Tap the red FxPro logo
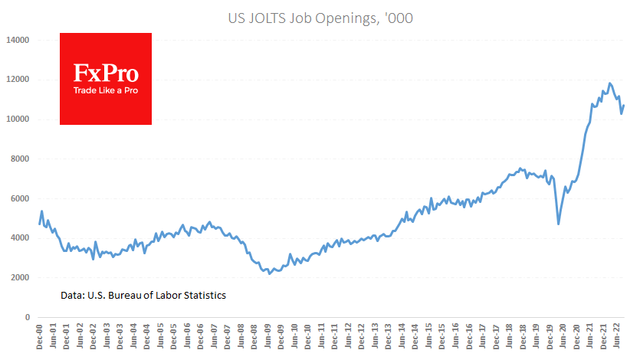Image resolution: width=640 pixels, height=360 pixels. (x=106, y=78)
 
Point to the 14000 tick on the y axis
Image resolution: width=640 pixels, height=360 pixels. (x=18, y=40)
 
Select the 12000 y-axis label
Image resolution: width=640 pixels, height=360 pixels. (x=18, y=80)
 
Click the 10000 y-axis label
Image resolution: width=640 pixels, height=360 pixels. (x=18, y=119)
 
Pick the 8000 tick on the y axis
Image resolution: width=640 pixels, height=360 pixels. (x=20, y=159)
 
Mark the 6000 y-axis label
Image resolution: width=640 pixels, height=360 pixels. (x=20, y=198)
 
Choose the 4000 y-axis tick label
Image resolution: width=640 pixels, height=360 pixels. (x=20, y=238)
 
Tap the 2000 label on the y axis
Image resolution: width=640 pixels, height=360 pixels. (x=20, y=278)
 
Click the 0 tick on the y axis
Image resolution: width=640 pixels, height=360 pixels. (x=27, y=317)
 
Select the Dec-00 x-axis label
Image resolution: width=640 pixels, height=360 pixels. (x=39, y=337)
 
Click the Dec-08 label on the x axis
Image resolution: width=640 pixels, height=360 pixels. (x=254, y=337)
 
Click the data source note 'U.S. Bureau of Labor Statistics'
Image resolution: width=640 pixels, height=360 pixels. (x=143, y=295)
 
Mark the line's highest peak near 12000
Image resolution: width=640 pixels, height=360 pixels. (x=609, y=83)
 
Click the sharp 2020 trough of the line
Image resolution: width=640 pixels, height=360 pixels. (x=558, y=224)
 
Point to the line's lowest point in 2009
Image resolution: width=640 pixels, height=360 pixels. (x=269, y=273)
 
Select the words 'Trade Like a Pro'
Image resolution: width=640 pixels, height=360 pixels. (x=106, y=90)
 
